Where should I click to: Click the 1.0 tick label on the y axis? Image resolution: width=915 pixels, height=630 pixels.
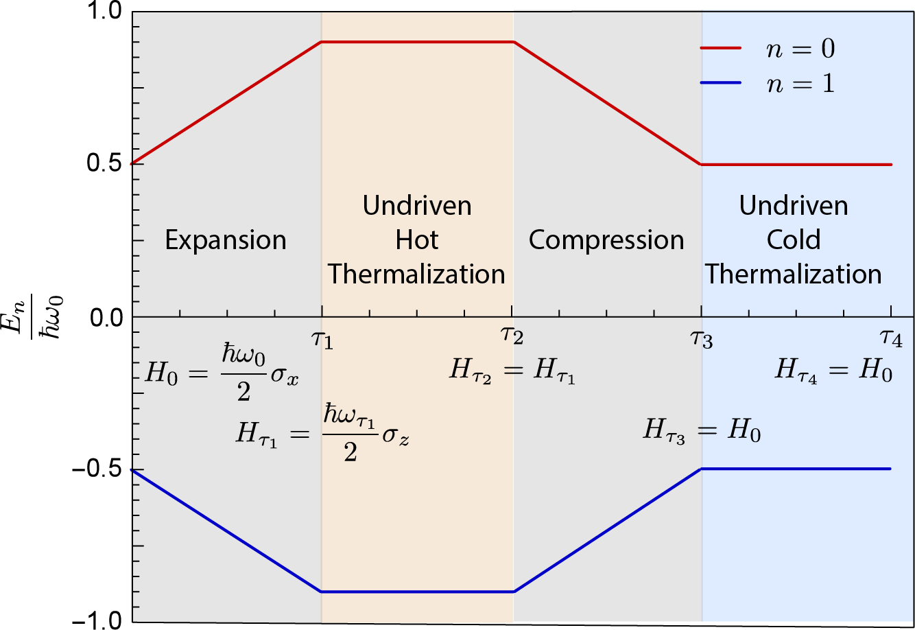coord(103,12)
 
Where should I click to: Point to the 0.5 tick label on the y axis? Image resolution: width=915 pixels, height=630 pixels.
coord(103,164)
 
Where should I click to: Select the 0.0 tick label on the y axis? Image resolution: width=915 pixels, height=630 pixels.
coord(103,317)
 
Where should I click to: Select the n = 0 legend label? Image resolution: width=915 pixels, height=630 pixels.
coord(800,49)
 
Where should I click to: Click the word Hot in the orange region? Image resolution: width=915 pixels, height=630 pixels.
coord(417,240)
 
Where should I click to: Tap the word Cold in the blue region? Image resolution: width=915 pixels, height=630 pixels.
coord(794,240)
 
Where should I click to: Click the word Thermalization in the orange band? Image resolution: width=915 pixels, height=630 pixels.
coord(417,275)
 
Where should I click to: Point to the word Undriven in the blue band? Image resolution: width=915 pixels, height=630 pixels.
coord(794,206)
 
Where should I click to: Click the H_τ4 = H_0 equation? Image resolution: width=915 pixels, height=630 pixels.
coord(834,371)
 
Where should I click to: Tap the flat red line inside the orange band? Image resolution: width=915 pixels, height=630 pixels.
coord(417,42)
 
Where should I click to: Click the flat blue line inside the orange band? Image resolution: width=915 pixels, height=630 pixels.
coord(417,592)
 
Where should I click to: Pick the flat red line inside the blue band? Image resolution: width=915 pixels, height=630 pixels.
coord(796,165)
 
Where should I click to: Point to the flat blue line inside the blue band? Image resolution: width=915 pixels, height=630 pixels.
coord(796,469)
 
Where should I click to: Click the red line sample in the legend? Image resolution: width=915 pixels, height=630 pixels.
coord(720,48)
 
